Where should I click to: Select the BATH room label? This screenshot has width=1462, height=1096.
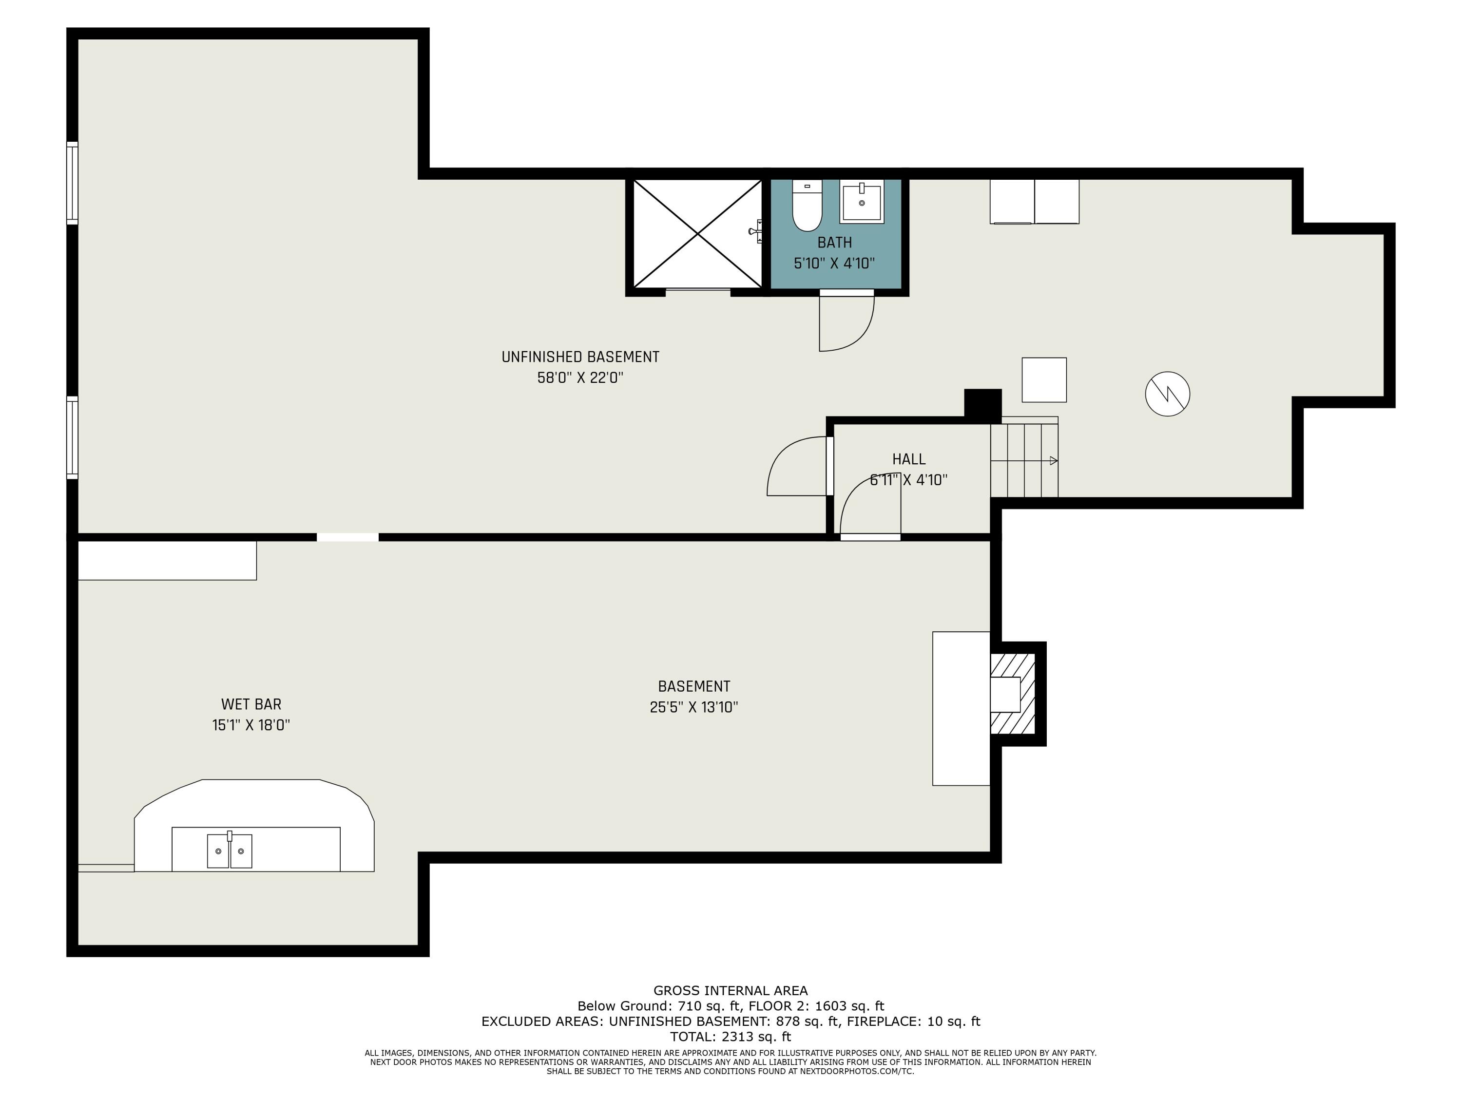pos(834,243)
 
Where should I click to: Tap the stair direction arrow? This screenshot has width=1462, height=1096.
pos(1053,460)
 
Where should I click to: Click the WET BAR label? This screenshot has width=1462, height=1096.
pos(251,704)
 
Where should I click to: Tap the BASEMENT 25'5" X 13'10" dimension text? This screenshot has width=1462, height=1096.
pos(693,707)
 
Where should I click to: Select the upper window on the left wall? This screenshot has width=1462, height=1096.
pos(72,183)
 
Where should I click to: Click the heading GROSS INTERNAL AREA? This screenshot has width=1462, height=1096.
pos(731,990)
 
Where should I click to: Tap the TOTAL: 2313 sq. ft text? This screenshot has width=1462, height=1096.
pos(731,1037)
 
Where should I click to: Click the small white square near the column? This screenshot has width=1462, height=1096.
pos(1044,380)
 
